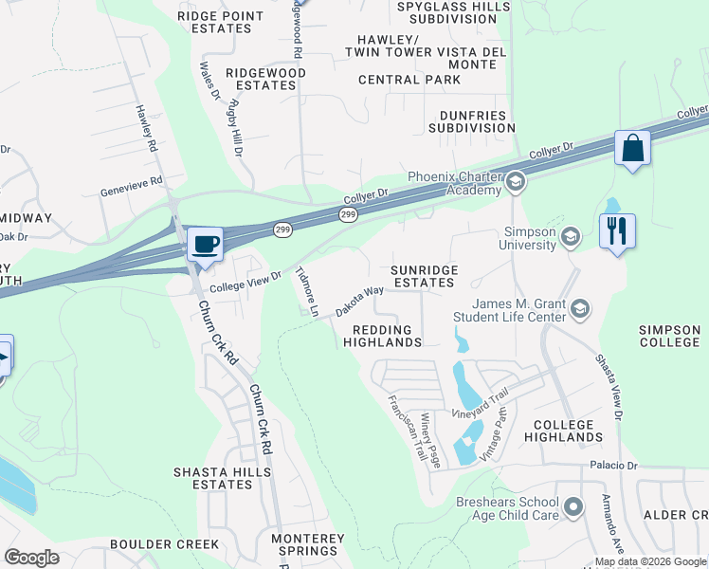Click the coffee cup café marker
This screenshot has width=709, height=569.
205,244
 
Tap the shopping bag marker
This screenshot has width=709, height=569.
631,148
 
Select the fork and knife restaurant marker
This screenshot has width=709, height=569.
617,230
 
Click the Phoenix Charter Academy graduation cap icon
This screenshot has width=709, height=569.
515,181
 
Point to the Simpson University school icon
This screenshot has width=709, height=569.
570,237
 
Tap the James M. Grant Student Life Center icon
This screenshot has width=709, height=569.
579,309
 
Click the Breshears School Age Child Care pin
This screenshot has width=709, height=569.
573,508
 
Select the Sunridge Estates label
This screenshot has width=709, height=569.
426,276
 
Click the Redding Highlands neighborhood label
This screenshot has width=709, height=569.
382,336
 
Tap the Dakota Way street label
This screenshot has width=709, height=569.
359,303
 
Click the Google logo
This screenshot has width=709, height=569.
31,558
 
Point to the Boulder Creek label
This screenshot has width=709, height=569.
164,544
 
